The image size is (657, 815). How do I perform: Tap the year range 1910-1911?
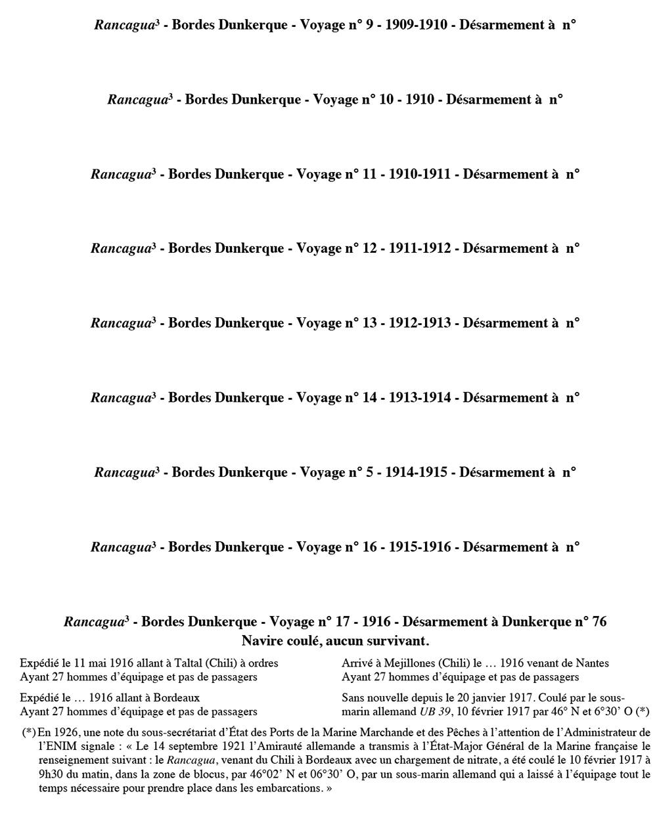(x=420, y=175)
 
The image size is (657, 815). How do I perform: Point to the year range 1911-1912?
(x=420, y=249)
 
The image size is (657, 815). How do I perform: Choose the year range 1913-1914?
(x=420, y=398)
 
